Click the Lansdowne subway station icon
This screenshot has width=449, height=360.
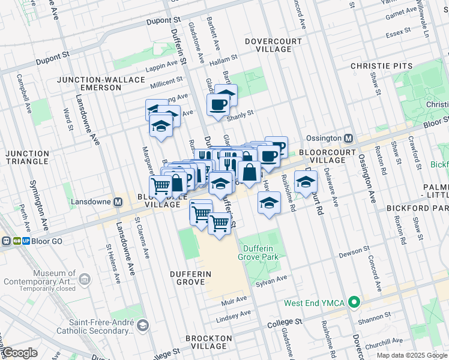(118, 202)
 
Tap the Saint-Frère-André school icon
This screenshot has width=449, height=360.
(143, 326)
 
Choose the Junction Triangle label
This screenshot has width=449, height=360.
(27, 157)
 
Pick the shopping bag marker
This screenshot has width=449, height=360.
(249, 172)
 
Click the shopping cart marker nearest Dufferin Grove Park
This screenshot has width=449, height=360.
(220, 224)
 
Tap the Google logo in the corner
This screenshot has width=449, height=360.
(20, 353)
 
